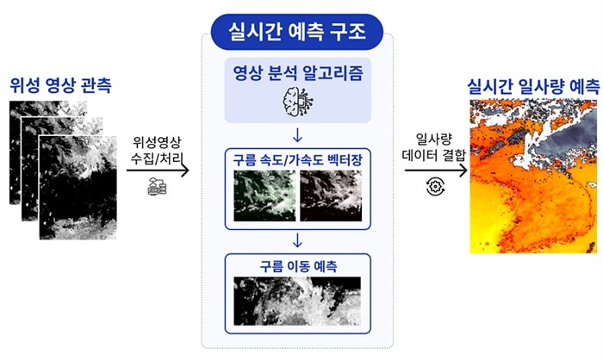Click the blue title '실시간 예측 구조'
click(x=297, y=32)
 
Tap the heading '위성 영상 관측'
click(x=61, y=85)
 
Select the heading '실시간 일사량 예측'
click(x=533, y=86)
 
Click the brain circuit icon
click(x=298, y=102)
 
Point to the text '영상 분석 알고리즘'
click(x=298, y=72)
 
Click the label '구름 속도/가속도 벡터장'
click(x=298, y=159)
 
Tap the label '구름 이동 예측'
click(x=298, y=266)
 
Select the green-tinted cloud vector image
click(x=265, y=196)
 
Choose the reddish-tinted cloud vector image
click(x=331, y=196)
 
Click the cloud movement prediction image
click(x=297, y=301)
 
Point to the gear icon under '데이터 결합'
click(x=436, y=187)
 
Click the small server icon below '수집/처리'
click(x=158, y=187)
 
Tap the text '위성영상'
click(x=157, y=142)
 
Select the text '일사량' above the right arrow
click(x=434, y=139)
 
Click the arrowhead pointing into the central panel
click(x=185, y=170)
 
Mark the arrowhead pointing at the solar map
click(x=463, y=170)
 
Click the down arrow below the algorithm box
click(x=297, y=135)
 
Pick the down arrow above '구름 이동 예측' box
click(x=297, y=240)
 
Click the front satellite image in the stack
click(x=78, y=187)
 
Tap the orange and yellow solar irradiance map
click(x=533, y=177)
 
